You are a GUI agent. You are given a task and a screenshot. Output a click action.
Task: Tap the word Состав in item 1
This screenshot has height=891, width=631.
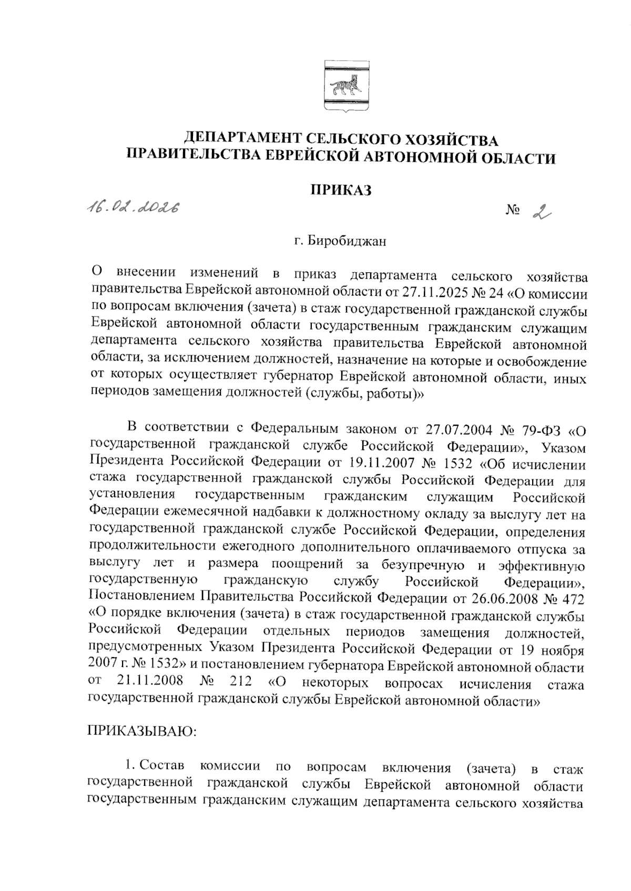click(162, 766)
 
